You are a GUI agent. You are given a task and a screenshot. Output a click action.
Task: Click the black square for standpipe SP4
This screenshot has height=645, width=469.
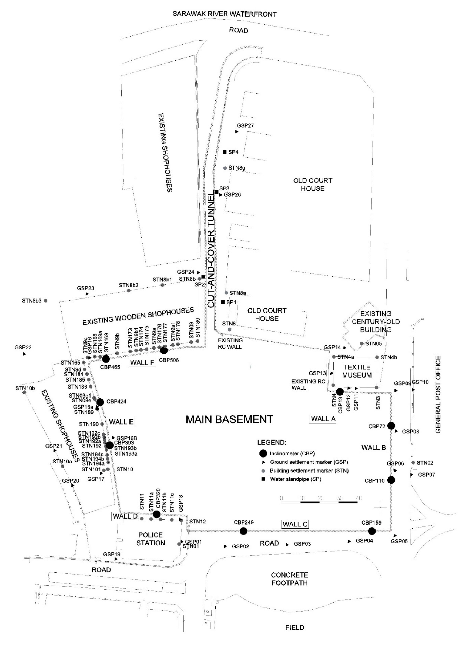(x=225, y=152)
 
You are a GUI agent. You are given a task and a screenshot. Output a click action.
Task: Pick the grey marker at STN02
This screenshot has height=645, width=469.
(x=413, y=463)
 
